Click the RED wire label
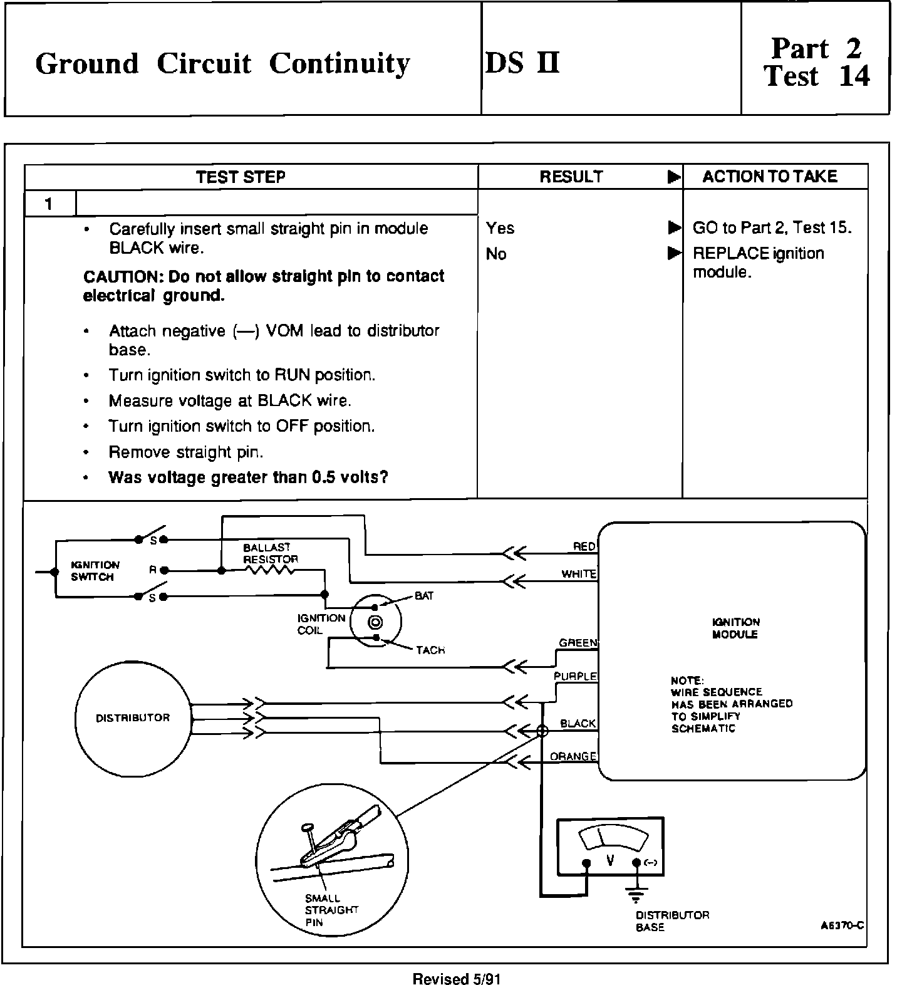(584, 547)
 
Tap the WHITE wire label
(579, 574)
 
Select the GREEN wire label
(578, 643)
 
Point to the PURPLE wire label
(575, 677)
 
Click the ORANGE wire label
(573, 756)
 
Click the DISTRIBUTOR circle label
(133, 718)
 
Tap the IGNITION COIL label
(321, 624)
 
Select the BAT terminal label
(424, 596)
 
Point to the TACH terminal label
(430, 650)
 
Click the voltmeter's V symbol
(610, 861)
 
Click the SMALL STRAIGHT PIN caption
(331, 910)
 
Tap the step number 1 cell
(49, 204)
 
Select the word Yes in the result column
(500, 228)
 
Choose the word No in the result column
(495, 254)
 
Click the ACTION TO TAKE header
(769, 177)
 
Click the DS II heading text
(522, 63)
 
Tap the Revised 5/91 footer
(457, 979)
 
